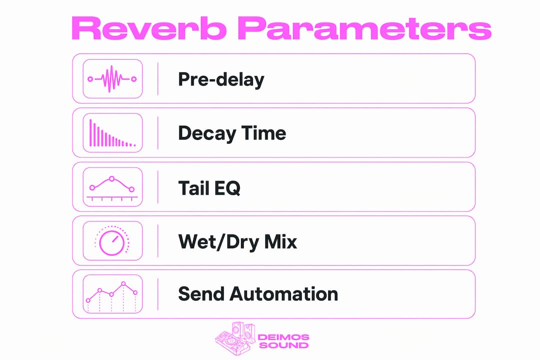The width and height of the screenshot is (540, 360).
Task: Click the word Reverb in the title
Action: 149,28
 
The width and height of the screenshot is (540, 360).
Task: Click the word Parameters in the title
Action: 364,28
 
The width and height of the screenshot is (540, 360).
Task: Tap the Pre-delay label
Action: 221,79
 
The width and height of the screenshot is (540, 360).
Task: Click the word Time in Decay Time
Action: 263,133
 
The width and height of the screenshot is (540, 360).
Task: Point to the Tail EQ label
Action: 209,188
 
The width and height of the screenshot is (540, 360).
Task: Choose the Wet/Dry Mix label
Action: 237,242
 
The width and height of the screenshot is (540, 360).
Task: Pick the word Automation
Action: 283,294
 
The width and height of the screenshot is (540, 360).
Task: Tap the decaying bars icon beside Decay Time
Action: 112,133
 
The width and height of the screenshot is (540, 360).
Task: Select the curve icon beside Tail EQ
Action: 112,188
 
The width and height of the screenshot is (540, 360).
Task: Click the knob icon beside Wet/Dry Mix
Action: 112,241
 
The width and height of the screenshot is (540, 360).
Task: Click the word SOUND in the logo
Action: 283,345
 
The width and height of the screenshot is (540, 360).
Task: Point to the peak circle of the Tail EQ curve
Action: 111,179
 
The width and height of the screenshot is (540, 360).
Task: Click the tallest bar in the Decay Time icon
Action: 90,133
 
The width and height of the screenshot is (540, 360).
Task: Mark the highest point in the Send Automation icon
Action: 123,284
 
